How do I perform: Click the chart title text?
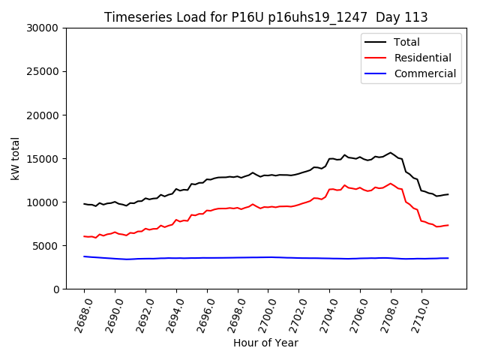[265, 17]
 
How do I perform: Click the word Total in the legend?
[406, 42]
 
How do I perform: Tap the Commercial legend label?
[424, 73]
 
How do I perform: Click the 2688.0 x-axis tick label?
[78, 313]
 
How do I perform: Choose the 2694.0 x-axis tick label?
[170, 313]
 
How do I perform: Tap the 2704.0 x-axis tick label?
[323, 313]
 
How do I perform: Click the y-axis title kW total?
[15, 158]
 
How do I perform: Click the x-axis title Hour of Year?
[265, 343]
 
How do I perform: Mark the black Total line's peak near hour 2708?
[390, 153]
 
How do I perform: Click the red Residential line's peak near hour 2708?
[390, 184]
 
